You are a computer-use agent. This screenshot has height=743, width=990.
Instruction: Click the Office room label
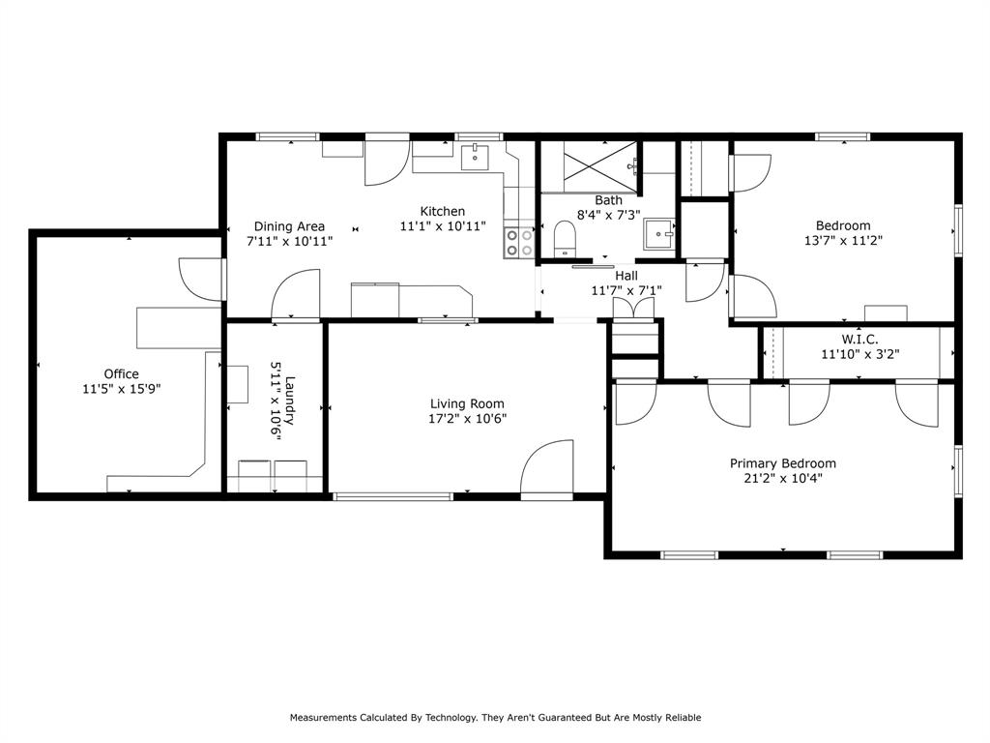pyautogui.click(x=121, y=374)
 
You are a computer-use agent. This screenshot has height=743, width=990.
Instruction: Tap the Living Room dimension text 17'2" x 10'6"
pyautogui.click(x=467, y=418)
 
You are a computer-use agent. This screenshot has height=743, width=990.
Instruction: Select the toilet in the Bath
pyautogui.click(x=565, y=240)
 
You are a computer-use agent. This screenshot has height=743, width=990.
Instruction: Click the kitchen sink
pyautogui.click(x=474, y=158)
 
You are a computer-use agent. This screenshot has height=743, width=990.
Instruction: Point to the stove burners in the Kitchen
pyautogui.click(x=519, y=243)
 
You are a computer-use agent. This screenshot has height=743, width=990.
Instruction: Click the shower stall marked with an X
pyautogui.click(x=599, y=165)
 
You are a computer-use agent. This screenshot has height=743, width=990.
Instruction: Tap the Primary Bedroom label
pyautogui.click(x=783, y=463)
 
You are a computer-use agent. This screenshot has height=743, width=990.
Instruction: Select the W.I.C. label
pyautogui.click(x=859, y=340)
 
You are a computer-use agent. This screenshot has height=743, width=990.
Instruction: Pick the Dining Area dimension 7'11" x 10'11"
pyautogui.click(x=289, y=241)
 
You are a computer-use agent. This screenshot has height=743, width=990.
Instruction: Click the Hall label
pyautogui.click(x=626, y=276)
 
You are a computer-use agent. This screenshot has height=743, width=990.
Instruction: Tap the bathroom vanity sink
pyautogui.click(x=659, y=234)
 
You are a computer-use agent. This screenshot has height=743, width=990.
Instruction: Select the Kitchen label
pyautogui.click(x=443, y=212)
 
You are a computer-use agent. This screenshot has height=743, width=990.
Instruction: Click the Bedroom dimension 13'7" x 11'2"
pyautogui.click(x=843, y=241)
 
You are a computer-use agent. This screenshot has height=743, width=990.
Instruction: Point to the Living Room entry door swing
pyautogui.click(x=547, y=466)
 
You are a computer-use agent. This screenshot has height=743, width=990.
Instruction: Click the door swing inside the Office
pyautogui.click(x=201, y=278)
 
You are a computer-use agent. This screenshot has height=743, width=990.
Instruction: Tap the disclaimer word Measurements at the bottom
pyautogui.click(x=323, y=718)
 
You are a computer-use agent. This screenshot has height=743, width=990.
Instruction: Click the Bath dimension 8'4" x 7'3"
pyautogui.click(x=609, y=215)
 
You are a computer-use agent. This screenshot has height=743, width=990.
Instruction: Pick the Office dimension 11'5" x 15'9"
pyautogui.click(x=121, y=389)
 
